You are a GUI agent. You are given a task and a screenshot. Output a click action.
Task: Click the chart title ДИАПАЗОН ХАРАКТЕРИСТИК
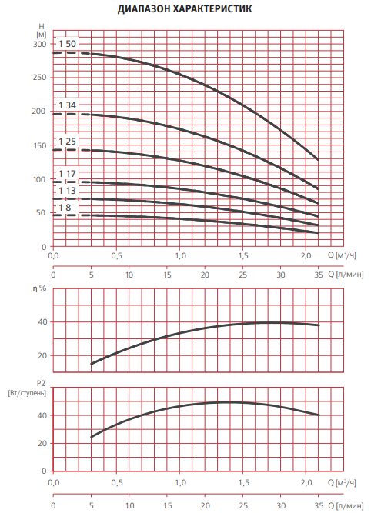(x=185, y=8)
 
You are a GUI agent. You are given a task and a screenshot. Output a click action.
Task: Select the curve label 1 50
(x=67, y=44)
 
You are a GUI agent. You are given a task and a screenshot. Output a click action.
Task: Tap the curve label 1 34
(x=67, y=105)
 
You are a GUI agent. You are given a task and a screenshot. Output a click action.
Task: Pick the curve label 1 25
(x=67, y=142)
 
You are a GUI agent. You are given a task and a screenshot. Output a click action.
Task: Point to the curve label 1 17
(x=67, y=174)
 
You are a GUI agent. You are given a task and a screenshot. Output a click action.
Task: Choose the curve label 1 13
(x=67, y=191)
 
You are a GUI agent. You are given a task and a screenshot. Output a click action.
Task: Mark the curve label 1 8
(x=65, y=208)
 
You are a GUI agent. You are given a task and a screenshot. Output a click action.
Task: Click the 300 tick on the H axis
(x=39, y=44)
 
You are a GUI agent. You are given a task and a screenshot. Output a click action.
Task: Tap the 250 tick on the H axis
(x=39, y=78)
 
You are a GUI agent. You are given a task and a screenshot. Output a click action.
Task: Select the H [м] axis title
(x=42, y=30)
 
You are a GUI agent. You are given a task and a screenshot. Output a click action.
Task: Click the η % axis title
(x=39, y=288)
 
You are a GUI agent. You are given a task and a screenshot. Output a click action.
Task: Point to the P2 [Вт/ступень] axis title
(x=27, y=388)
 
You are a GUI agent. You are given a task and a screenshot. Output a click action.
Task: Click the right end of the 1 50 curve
(x=318, y=160)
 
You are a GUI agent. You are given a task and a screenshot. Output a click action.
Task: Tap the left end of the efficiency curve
(x=92, y=364)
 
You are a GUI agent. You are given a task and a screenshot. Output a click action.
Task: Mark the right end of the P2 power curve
(x=319, y=415)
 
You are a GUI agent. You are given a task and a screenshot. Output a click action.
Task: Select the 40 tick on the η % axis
(x=42, y=322)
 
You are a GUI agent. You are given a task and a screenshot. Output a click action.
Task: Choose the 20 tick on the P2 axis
(x=42, y=443)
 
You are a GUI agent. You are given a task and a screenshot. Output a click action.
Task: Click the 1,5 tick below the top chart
(x=243, y=255)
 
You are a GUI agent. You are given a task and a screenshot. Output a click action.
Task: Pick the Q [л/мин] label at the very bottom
(x=346, y=506)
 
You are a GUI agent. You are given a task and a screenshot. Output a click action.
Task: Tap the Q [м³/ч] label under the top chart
(x=342, y=255)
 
